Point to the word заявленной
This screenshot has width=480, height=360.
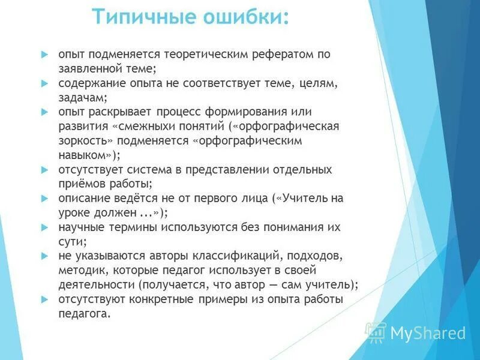pos(89,68)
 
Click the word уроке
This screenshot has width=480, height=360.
pos(75,212)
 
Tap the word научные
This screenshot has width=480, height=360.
pos(82,227)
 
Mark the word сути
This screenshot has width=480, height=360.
pos(72,242)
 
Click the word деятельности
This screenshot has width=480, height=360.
pos(95,285)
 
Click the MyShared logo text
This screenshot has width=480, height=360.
pos(427,333)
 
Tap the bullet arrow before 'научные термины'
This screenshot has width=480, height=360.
pos(44,227)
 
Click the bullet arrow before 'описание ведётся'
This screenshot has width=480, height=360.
pos(44,198)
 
